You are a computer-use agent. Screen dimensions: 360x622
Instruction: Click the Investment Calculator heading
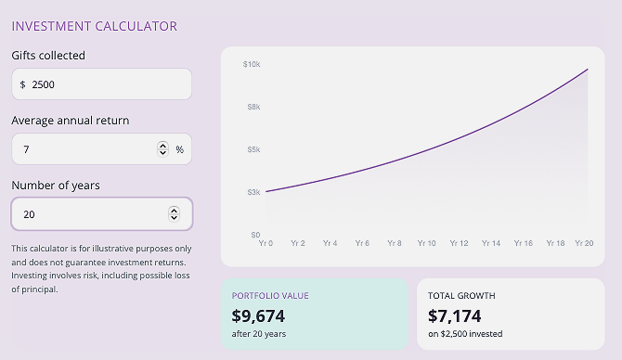94,26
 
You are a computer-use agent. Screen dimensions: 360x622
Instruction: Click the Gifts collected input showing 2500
102,84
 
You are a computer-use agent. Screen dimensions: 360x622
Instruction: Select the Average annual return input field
84,149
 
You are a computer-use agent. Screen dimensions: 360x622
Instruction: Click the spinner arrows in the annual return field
163,149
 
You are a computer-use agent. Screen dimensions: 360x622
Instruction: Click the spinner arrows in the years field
174,214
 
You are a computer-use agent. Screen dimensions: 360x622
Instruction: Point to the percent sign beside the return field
180,149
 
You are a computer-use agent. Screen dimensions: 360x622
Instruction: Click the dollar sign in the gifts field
22,84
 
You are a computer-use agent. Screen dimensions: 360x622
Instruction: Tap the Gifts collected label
48,56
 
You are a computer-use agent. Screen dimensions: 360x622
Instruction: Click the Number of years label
56,186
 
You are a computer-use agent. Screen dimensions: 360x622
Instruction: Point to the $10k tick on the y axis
252,64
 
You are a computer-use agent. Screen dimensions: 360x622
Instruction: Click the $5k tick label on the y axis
253,149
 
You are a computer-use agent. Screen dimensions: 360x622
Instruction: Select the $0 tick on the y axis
254,235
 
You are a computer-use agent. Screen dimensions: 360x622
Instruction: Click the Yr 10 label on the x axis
426,243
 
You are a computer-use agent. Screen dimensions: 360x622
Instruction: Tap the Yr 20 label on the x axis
584,243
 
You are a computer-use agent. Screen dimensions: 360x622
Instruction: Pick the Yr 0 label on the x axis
266,243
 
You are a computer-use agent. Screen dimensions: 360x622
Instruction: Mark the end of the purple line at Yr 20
588,70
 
